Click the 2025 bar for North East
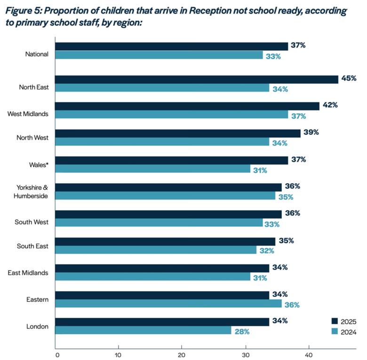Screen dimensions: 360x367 197,79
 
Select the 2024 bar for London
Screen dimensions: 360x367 143,330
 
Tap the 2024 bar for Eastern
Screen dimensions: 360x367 168,304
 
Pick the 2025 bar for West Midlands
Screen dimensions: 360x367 187,106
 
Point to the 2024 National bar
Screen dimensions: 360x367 159,55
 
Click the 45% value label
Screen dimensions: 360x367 349,78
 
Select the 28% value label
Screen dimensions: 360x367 242,331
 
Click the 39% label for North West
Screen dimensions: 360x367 311,133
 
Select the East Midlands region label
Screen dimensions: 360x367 28,272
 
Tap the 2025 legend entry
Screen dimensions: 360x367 344,321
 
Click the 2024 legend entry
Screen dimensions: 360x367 344,332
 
